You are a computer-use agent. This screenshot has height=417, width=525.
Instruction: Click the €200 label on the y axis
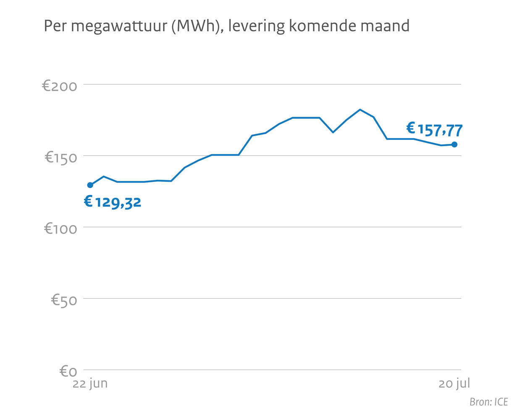point(60,86)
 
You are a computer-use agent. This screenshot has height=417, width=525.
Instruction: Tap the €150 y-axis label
point(61,157)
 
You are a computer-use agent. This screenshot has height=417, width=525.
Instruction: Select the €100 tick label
point(60,229)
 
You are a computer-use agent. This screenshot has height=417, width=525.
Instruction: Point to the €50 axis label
point(64,300)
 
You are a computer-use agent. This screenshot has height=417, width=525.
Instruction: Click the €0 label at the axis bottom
point(68,371)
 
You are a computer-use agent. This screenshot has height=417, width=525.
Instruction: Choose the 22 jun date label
point(90,383)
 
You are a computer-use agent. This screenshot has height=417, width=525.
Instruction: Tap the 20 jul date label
point(454,383)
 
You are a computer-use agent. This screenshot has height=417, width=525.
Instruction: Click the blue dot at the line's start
point(90,185)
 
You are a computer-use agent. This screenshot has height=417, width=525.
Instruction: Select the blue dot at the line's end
point(454,145)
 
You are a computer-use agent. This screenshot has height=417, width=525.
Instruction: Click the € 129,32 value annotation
point(113,202)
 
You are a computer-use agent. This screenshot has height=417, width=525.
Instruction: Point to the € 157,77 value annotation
point(434,130)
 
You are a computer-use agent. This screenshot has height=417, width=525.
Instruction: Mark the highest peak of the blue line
point(360,110)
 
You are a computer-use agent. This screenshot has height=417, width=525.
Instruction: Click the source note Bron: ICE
point(488,402)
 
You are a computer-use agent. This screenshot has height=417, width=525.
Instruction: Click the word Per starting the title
point(55,26)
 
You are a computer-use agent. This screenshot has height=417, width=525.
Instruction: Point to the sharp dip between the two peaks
point(333,132)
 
